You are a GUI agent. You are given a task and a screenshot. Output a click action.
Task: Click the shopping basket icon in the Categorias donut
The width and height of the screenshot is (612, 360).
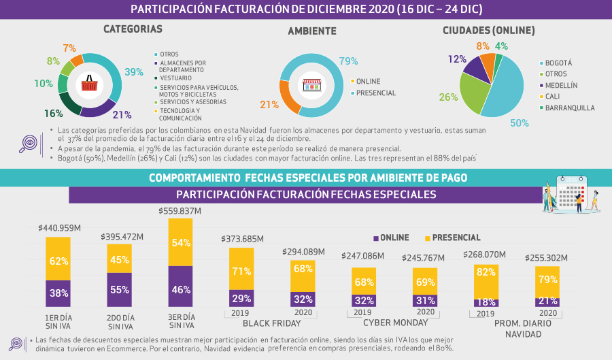click(90, 84)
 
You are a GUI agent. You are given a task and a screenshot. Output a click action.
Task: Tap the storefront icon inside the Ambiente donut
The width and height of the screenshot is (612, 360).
click(311, 85)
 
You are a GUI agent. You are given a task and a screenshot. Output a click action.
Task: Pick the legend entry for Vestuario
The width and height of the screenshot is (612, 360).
click(175, 78)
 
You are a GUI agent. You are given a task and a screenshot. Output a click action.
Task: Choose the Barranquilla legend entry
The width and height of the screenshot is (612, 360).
click(569, 108)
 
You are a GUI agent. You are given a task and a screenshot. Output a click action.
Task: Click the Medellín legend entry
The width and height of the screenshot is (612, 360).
click(561, 85)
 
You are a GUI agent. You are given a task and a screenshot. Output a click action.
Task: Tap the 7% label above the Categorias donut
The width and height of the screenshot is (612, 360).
click(69, 48)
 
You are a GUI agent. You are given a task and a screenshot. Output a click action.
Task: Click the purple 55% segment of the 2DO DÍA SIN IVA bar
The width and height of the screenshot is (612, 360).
click(119, 289)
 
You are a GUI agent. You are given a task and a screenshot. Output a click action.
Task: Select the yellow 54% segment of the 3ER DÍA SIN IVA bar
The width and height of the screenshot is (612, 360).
click(180, 243)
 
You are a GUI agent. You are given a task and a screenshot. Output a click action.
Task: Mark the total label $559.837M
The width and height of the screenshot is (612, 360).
click(180, 211)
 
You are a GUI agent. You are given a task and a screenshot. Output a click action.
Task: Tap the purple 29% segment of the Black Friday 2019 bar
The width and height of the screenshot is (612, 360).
click(241, 298)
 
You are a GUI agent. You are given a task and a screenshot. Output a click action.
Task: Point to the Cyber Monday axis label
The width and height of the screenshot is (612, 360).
click(390, 323)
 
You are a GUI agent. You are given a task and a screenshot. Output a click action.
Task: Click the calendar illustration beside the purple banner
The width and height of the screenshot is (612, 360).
click(571, 193)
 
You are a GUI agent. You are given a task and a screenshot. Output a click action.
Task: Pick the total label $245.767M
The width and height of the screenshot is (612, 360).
click(423, 257)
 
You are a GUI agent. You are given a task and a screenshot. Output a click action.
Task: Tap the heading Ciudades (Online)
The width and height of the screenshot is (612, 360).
click(488, 31)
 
